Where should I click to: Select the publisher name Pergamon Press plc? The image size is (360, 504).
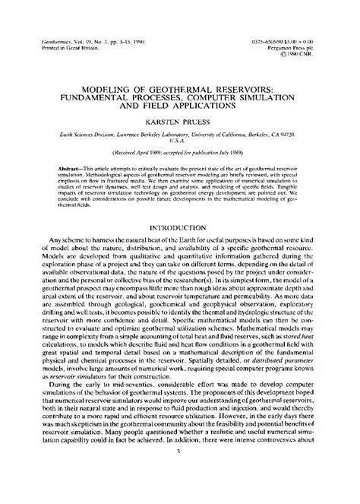309,43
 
